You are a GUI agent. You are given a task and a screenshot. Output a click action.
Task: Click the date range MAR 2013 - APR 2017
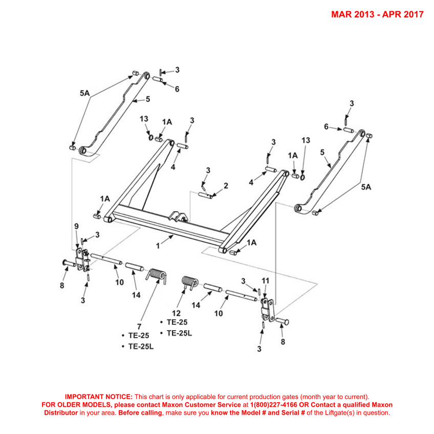click(x=377, y=14)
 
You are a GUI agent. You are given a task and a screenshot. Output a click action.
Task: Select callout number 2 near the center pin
click(x=226, y=185)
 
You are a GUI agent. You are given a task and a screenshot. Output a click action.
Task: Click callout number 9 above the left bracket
click(x=77, y=226)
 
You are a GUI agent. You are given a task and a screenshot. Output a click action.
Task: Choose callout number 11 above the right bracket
click(x=265, y=281)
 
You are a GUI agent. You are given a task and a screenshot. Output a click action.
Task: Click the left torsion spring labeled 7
click(x=157, y=276)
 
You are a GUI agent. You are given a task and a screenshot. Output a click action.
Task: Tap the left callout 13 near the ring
click(x=144, y=119)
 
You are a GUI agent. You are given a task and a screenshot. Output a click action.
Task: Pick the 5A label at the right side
click(x=366, y=188)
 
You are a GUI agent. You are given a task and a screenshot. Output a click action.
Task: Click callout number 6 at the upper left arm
click(x=177, y=89)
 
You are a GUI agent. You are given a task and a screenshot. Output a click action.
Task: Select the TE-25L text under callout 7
click(x=140, y=346)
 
